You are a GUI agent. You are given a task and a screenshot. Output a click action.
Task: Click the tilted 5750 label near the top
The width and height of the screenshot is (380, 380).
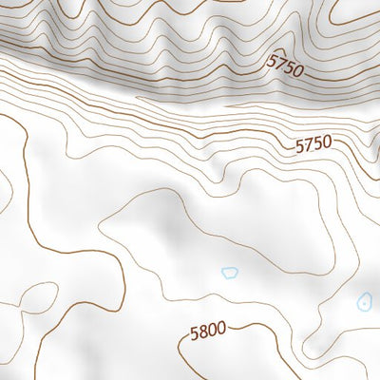click(284, 65)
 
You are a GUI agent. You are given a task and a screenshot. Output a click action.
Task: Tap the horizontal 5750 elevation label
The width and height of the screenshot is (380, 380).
click(313, 145)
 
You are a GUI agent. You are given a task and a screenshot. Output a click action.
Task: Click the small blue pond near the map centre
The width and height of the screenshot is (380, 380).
click(229, 273)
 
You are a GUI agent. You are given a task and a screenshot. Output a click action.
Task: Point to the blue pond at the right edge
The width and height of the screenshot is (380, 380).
click(364, 303)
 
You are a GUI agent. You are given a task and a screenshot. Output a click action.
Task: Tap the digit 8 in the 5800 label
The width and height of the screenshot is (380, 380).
click(203, 332)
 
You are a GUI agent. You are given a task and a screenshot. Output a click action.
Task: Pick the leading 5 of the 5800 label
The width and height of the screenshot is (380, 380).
click(194, 334)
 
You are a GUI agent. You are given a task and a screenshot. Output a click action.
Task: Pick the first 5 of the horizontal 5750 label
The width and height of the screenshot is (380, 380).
click(299, 145)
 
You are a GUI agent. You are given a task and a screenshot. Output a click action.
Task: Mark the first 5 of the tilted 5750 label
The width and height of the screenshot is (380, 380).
click(272, 61)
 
